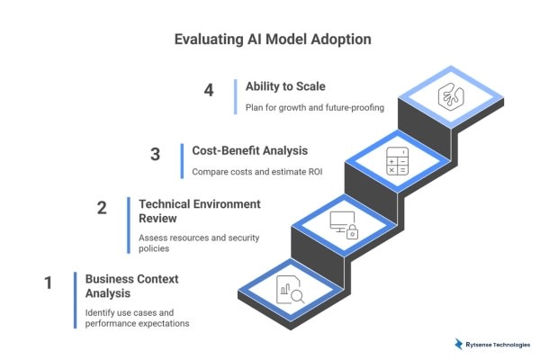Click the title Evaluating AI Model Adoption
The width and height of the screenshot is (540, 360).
coord(269,40)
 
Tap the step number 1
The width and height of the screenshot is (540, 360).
coord(48,283)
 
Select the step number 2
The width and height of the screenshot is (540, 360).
coord(102,208)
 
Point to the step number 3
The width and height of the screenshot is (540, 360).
coord(155,154)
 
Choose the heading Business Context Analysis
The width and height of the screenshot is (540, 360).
coord(131,286)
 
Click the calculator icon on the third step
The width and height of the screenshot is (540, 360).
coord(397,161)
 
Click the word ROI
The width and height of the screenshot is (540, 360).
coord(292,171)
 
